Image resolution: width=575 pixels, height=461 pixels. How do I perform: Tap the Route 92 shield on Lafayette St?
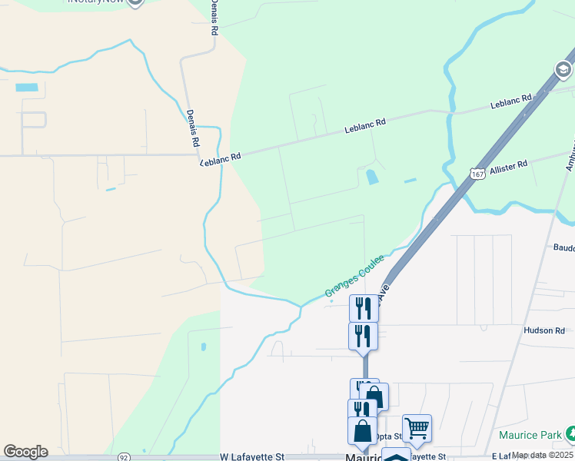(124, 456)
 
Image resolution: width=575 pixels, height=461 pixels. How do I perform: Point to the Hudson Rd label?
(544, 330)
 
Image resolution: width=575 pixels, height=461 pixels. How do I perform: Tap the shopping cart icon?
(417, 426)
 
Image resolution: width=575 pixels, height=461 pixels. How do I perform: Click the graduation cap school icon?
(564, 70)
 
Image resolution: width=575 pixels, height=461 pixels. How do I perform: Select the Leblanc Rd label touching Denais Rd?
(221, 158)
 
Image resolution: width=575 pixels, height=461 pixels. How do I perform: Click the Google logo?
(25, 452)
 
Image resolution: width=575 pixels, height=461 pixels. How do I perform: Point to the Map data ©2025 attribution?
(543, 456)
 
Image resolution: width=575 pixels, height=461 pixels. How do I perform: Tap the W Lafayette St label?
(252, 456)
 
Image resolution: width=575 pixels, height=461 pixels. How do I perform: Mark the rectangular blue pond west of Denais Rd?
(25, 88)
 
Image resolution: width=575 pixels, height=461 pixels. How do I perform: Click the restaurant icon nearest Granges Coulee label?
(364, 307)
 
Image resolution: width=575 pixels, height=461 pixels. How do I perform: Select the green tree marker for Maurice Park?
(570, 434)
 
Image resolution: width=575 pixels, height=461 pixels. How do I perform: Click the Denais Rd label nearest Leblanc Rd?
(192, 128)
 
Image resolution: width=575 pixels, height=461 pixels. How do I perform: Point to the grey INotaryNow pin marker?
(135, 2)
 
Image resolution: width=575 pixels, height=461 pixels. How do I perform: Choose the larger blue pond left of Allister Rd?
(372, 177)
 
